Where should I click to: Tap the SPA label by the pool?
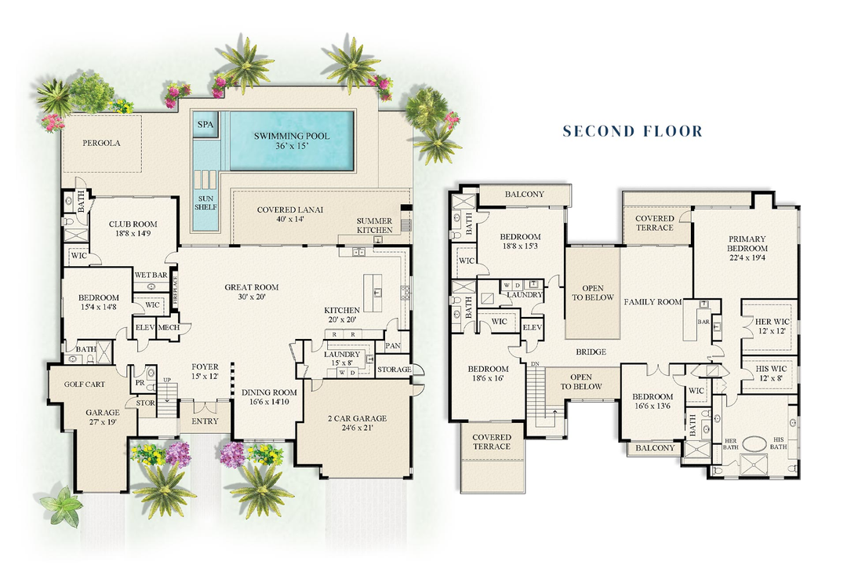[x=205, y=125]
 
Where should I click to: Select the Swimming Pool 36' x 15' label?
[x=291, y=141]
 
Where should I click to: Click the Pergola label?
[x=102, y=144]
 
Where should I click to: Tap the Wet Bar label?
[x=151, y=275]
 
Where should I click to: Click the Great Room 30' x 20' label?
[x=252, y=292]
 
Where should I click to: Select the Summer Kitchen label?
[x=374, y=226]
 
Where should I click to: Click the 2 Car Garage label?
[x=357, y=424]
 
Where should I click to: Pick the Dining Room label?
[x=268, y=398]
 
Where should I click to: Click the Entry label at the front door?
[x=205, y=421]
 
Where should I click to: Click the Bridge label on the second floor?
[x=591, y=352]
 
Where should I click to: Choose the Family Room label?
[x=653, y=302]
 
